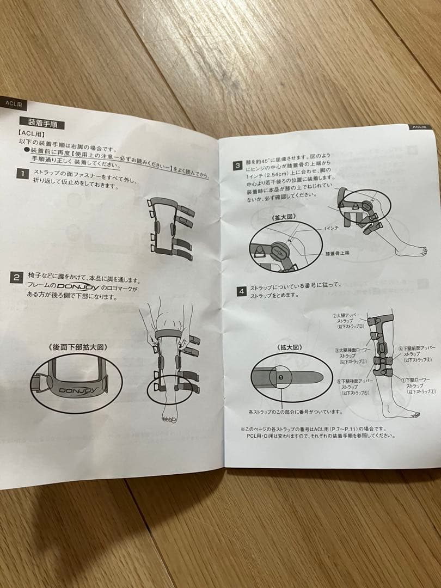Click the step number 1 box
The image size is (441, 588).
coord(22,174)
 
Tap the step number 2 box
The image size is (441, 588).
coord(17,277)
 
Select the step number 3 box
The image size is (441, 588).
coord(238,166)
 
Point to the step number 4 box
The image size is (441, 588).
coord(241,291)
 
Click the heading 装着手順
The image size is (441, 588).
coord(42,124)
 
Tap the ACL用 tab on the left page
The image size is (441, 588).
coord(13,102)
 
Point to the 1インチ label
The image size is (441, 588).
coord(332,230)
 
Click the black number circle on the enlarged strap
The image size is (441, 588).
coord(281,376)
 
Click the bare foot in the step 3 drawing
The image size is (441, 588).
coord(412,250)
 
